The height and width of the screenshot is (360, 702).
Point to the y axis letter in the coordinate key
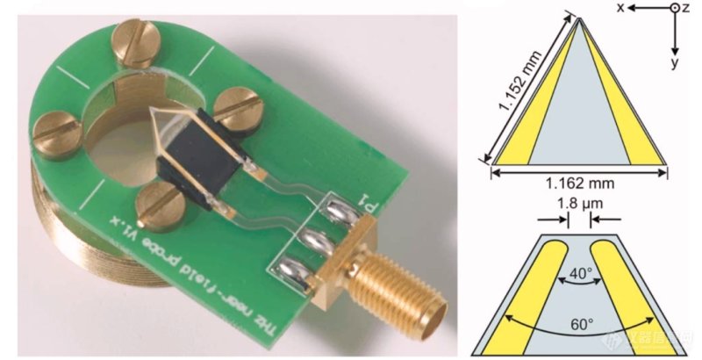pyautogui.click(x=675, y=64)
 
